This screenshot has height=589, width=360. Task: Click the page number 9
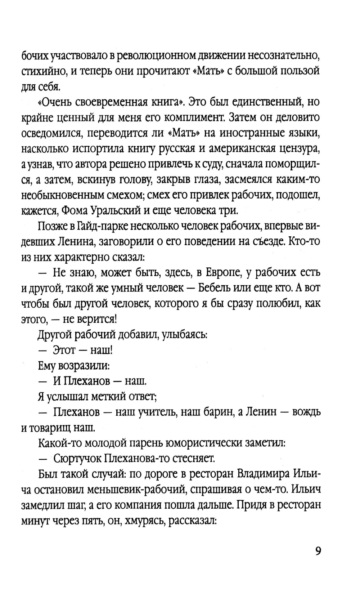pyautogui.click(x=317, y=551)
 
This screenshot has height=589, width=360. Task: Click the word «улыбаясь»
pyautogui.click(x=184, y=335)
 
